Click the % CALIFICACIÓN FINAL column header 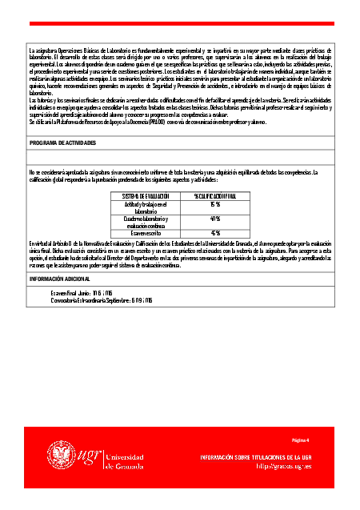(215, 195)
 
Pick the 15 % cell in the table (215, 204)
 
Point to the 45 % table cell (215, 233)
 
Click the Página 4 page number (300, 440)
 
